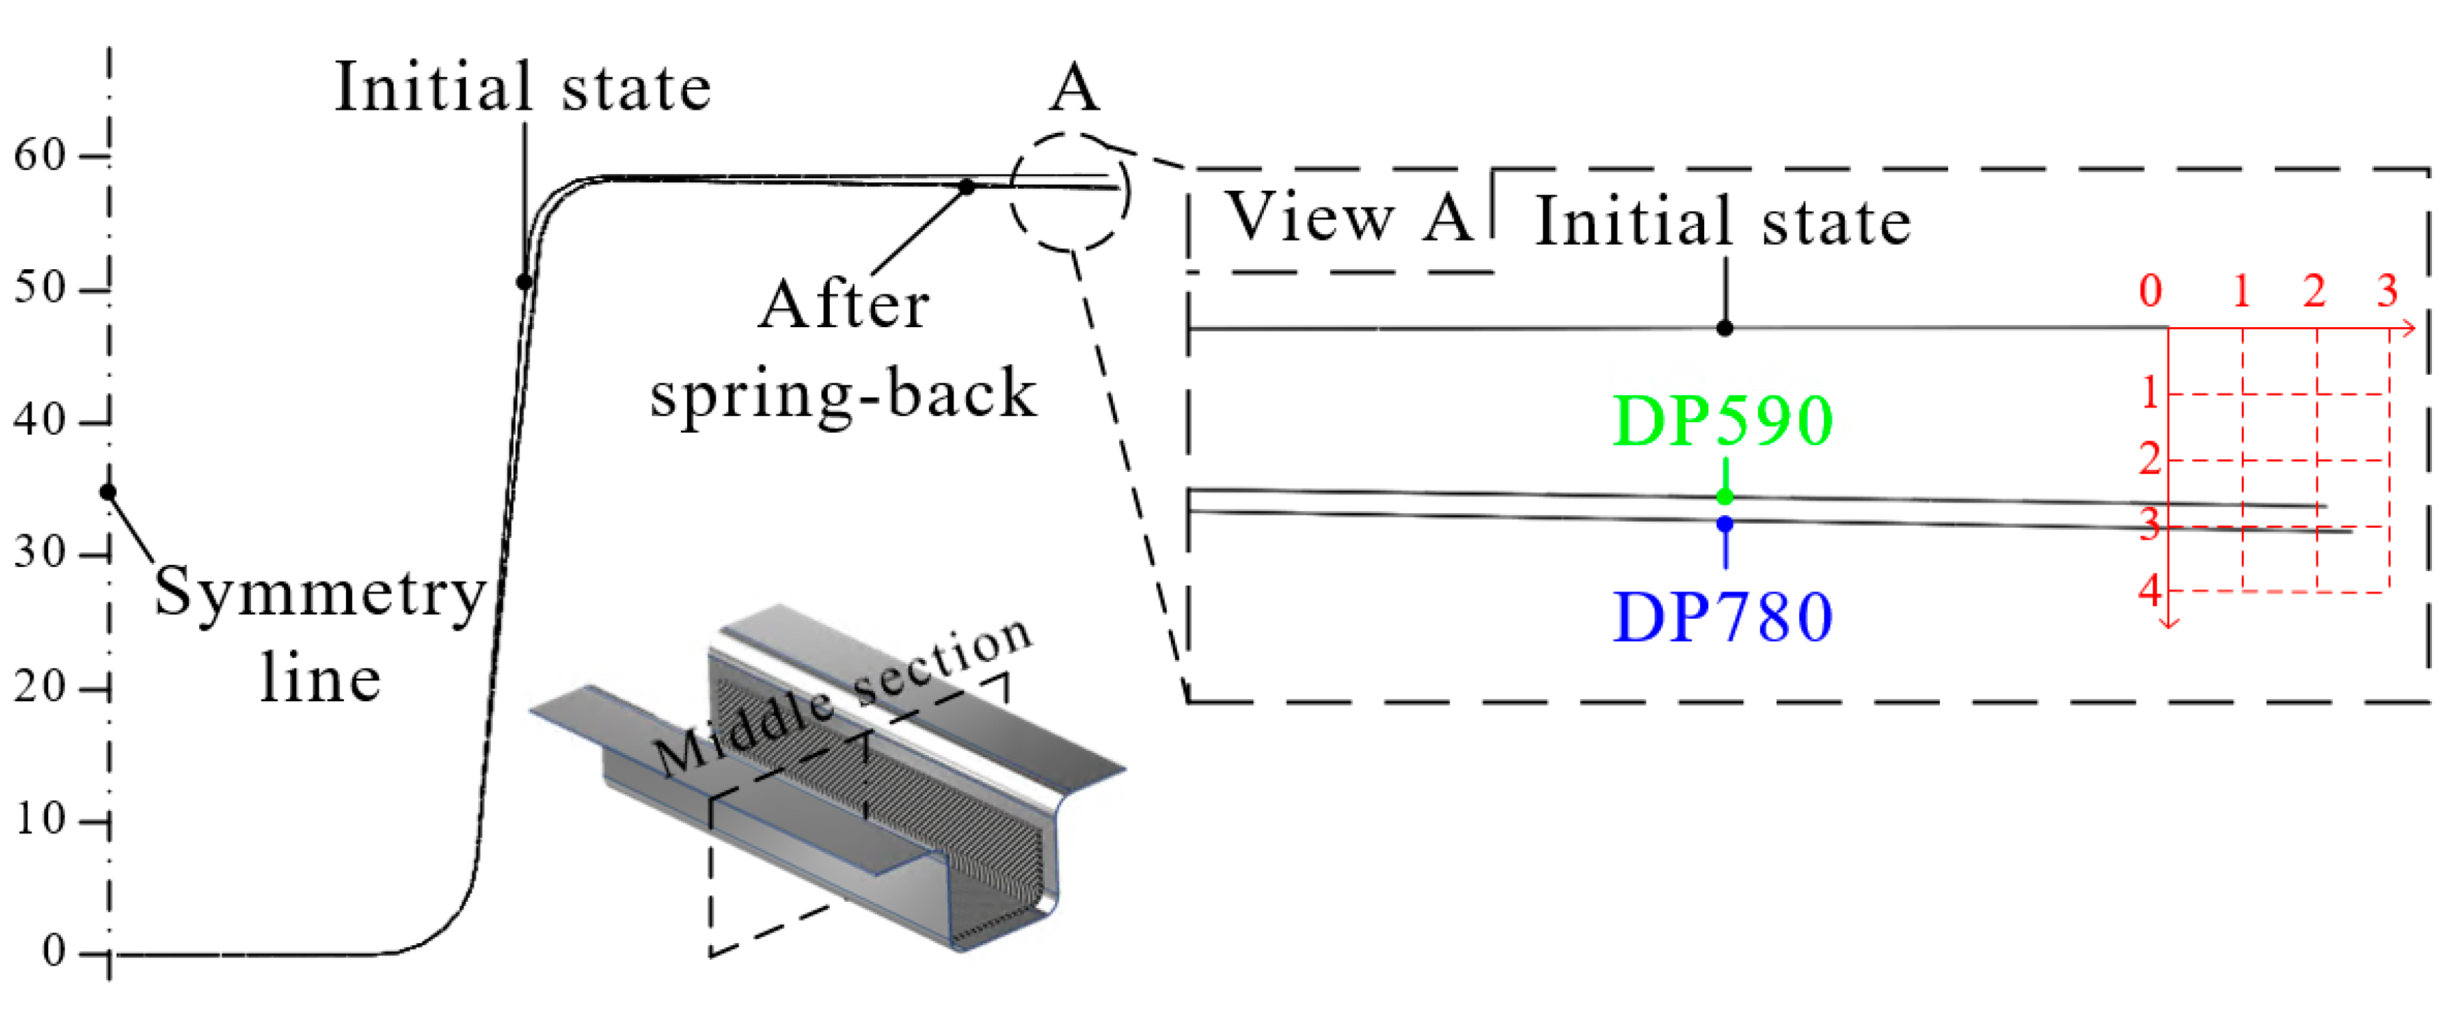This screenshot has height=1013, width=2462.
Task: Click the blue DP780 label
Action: point(1722,617)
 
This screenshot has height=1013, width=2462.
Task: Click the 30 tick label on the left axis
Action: point(39,552)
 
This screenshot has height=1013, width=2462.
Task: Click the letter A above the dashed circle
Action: point(1074,89)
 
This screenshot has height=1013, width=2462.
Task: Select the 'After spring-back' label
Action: point(843,349)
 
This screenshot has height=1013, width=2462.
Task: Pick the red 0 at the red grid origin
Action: point(2150,289)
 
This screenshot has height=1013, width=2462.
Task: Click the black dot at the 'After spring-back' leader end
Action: point(967,187)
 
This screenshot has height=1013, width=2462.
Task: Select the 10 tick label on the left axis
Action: point(39,819)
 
